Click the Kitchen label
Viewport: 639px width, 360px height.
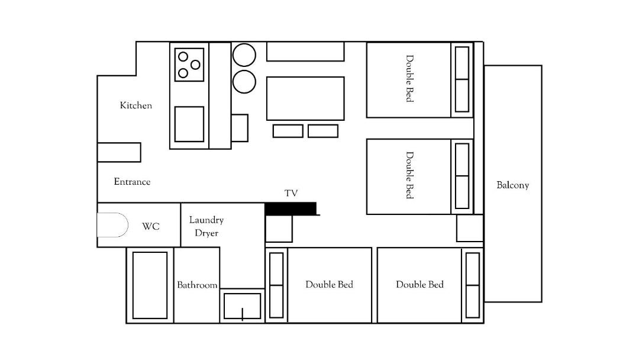click(135, 105)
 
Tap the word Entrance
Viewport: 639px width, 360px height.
click(132, 181)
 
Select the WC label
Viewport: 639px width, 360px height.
click(150, 226)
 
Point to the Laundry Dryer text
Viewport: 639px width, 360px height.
click(206, 226)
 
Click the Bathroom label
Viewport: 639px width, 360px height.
click(197, 285)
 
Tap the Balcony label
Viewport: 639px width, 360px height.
click(512, 185)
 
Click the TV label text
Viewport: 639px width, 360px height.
click(291, 193)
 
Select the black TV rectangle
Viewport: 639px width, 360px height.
click(291, 209)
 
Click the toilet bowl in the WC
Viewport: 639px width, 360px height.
click(112, 224)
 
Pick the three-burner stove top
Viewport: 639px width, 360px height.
click(189, 65)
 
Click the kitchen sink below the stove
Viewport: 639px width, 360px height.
click(189, 124)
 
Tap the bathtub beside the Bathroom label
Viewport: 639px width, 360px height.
click(150, 285)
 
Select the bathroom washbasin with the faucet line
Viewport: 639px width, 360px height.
click(242, 306)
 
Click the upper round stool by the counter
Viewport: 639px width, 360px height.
click(244, 55)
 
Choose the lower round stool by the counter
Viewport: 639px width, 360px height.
click(244, 82)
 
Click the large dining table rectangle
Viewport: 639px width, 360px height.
click(305, 98)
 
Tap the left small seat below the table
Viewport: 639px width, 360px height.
click(288, 131)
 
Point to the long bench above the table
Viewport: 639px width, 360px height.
click(305, 52)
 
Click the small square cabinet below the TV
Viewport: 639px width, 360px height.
click(279, 229)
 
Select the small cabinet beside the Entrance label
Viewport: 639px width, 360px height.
click(119, 152)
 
